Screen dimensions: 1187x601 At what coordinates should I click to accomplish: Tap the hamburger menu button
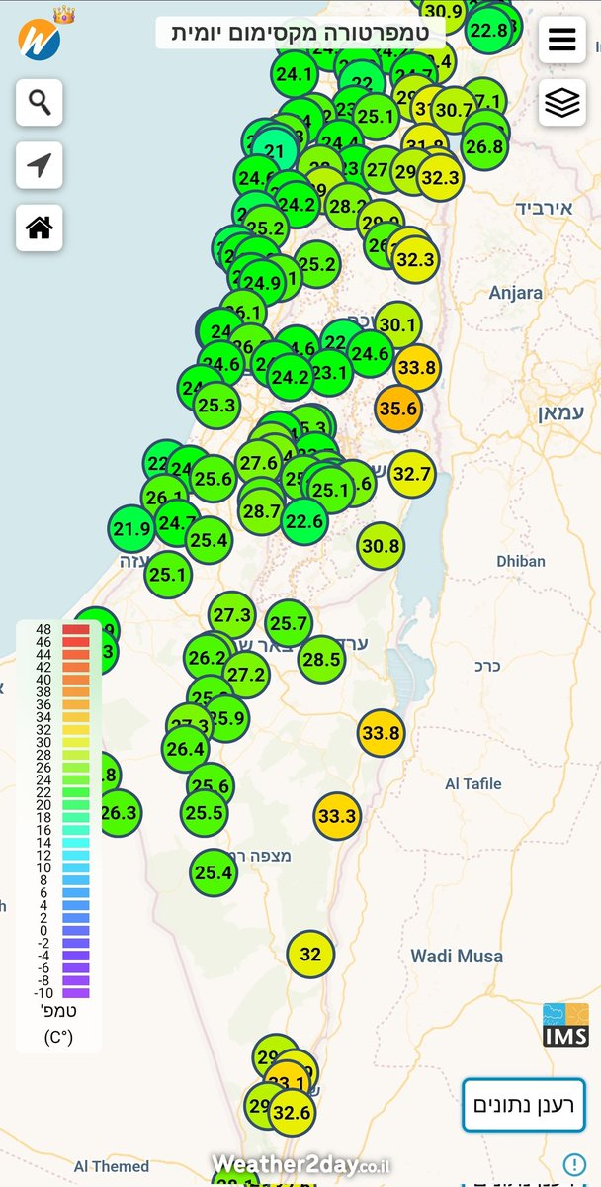[x=561, y=40]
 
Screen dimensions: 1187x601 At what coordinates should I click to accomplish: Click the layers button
[x=561, y=102]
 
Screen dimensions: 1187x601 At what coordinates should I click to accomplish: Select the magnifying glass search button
[x=40, y=102]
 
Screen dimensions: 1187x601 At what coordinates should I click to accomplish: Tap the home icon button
[x=40, y=228]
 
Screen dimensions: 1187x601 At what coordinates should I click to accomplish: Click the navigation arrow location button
[x=40, y=165]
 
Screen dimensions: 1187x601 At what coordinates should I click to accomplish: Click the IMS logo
[x=565, y=1025]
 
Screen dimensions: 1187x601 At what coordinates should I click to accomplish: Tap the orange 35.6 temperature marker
[x=398, y=408]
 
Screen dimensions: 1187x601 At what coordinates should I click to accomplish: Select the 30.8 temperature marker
[x=381, y=545]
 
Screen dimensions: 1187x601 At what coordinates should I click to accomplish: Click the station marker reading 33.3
[x=337, y=816]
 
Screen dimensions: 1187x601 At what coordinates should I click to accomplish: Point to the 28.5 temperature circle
[x=321, y=659]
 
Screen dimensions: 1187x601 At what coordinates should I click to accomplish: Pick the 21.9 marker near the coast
[x=131, y=528]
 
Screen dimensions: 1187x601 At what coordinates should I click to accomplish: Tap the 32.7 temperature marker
[x=412, y=474]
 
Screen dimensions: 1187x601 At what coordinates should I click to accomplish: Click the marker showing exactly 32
[x=310, y=955]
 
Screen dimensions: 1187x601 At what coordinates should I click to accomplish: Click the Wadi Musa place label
[x=457, y=957]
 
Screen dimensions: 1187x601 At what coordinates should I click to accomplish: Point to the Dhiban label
[x=521, y=561]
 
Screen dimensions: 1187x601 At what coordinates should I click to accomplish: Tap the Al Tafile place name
[x=473, y=784]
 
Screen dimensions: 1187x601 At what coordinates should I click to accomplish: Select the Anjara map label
[x=516, y=293]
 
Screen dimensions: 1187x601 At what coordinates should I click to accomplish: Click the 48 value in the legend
[x=43, y=629]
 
